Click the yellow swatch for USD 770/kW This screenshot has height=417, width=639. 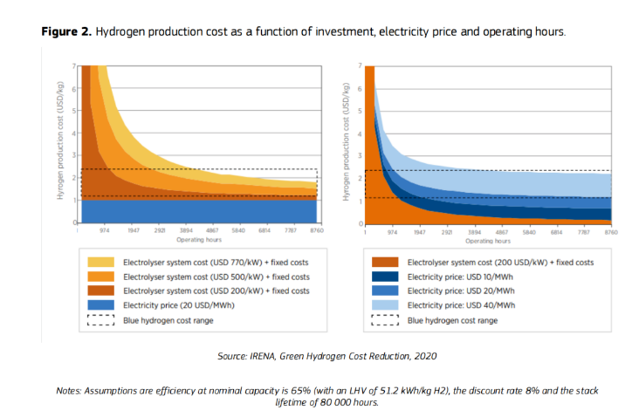100,261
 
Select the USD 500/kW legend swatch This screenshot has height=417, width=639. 100,276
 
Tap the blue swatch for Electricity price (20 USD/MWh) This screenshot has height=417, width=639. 100,304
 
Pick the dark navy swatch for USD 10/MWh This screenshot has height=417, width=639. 387,276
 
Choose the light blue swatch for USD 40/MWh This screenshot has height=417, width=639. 387,304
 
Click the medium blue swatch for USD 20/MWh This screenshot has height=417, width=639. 387,290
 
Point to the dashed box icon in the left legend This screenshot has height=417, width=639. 100,319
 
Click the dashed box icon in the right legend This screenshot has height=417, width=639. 387,319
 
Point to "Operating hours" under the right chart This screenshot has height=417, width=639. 488,240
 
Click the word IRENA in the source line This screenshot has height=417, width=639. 267,356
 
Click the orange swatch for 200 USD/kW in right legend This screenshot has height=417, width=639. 387,261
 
